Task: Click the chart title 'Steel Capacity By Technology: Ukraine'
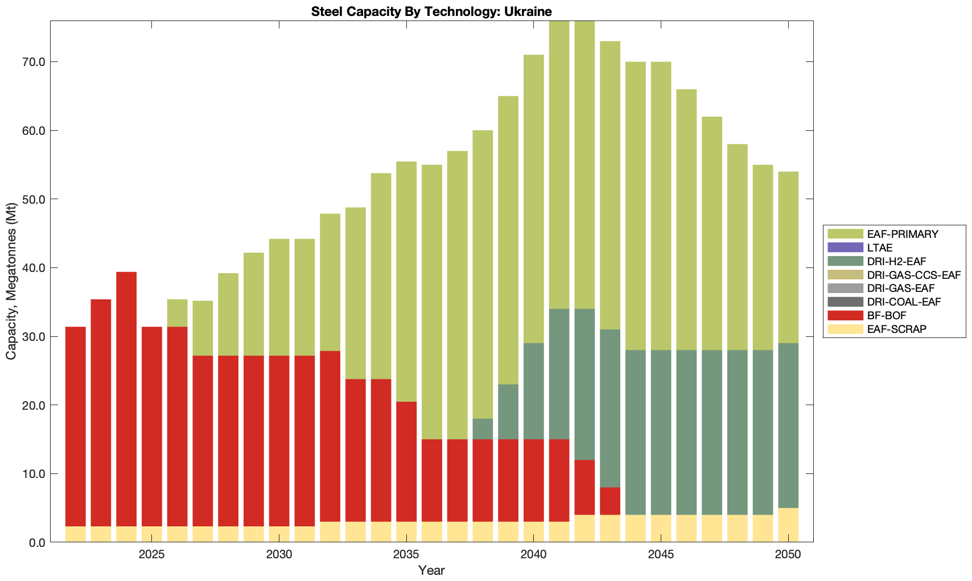[431, 11]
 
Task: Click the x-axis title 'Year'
[431, 570]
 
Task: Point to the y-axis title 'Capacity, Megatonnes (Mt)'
[11, 282]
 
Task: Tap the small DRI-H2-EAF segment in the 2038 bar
[483, 429]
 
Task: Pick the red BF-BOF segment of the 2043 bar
[610, 501]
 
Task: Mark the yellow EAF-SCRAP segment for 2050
[788, 525]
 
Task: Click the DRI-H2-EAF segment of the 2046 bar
[686, 432]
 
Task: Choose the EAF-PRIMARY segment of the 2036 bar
[432, 302]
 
